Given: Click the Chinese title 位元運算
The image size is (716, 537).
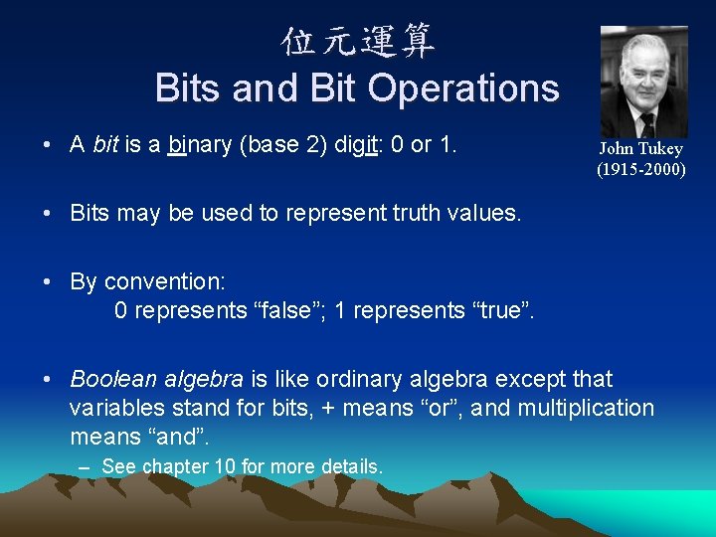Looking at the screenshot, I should click(358, 42).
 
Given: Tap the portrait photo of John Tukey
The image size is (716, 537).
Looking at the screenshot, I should click(643, 82).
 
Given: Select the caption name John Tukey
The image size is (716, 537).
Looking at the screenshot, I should click(640, 149).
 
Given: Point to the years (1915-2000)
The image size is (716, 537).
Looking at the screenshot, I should click(640, 169).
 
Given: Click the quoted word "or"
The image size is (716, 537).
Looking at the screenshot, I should click(443, 408).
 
